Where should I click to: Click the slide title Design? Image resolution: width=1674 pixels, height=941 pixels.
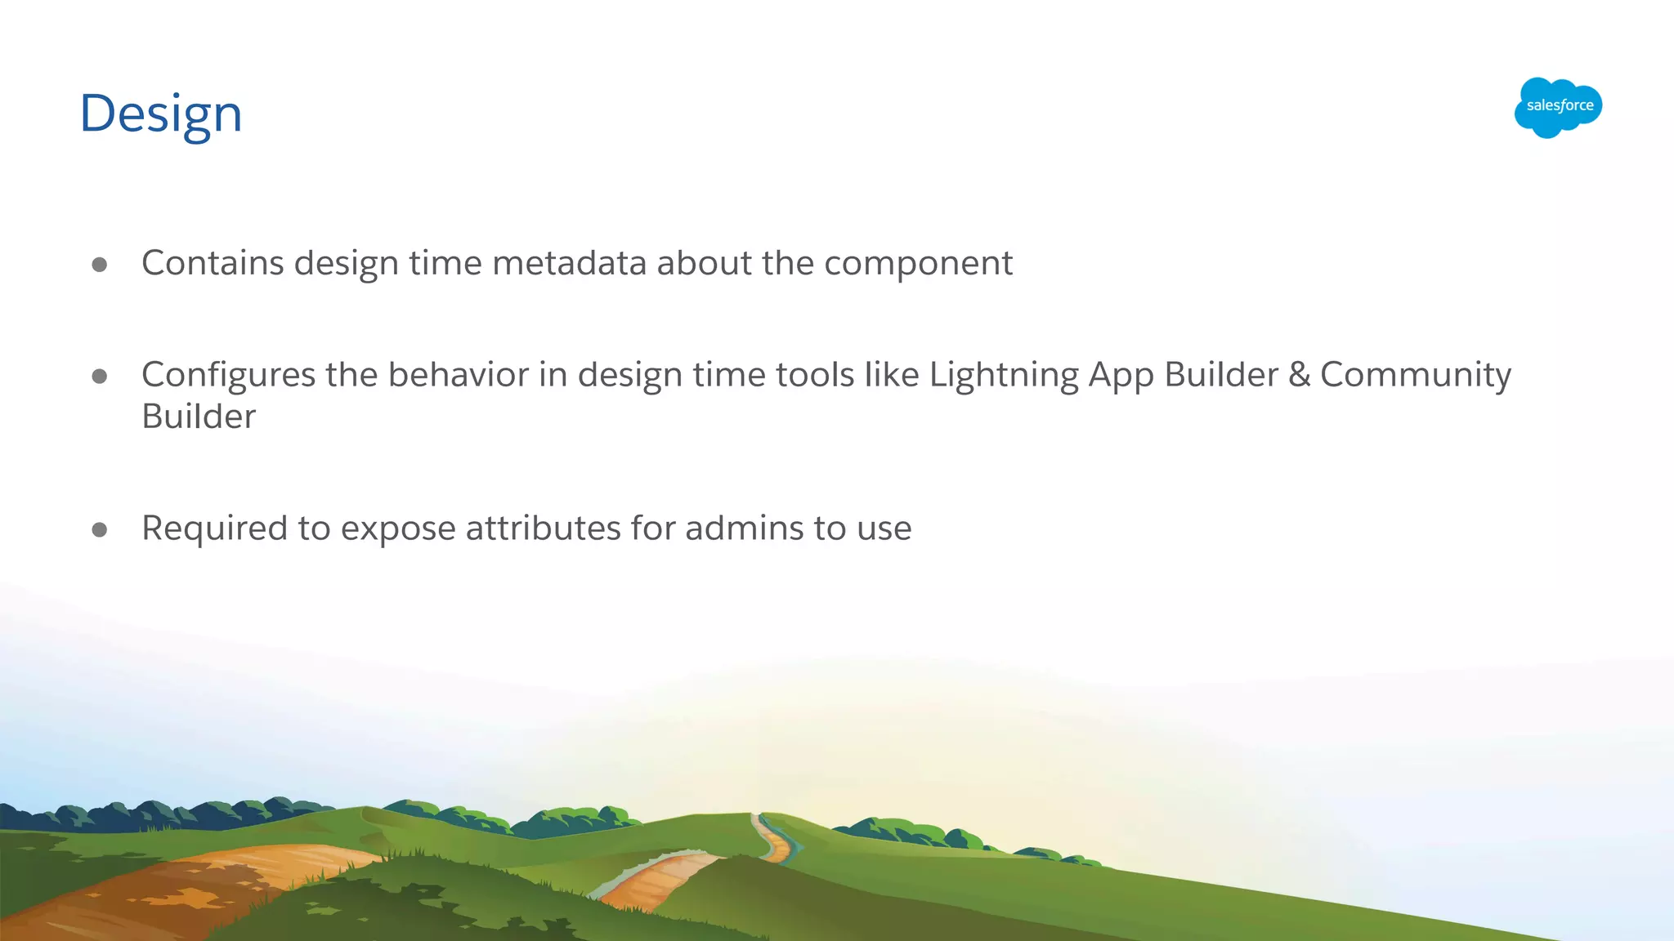[160, 114]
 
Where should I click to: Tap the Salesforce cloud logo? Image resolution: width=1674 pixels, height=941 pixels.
[1558, 107]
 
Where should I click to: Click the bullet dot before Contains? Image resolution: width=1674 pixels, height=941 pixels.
[100, 264]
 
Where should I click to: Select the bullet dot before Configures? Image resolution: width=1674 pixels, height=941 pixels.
[100, 376]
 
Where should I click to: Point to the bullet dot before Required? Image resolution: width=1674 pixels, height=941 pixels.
[100, 529]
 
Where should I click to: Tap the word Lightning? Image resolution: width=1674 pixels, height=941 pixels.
[1003, 376]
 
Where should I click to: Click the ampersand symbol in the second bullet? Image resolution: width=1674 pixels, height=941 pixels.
[1299, 375]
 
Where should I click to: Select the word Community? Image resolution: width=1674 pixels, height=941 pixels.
[1415, 376]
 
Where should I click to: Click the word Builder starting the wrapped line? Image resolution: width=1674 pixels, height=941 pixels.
[199, 417]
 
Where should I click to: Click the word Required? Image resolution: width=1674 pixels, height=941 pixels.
[214, 528]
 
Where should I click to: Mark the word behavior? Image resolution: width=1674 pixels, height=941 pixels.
[458, 375]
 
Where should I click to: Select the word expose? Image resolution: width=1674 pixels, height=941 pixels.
[397, 529]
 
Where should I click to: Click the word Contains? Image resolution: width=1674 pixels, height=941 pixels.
[213, 263]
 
